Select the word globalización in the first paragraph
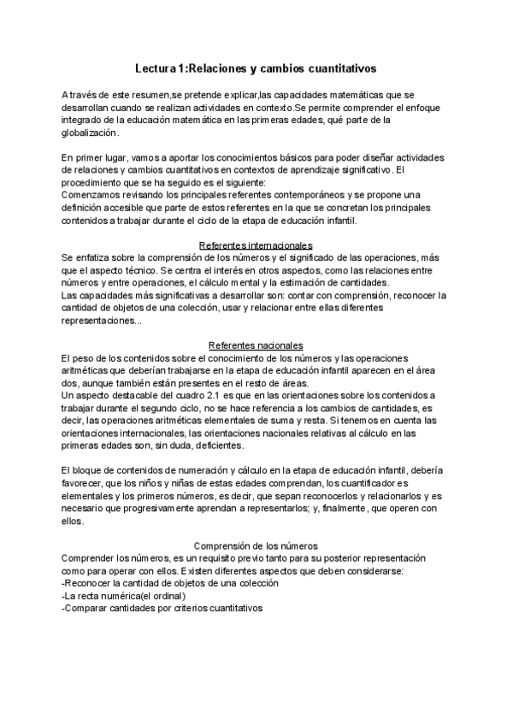(x=91, y=133)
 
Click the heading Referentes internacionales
(x=256, y=245)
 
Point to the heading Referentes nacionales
(x=256, y=344)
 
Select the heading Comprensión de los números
(x=256, y=545)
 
